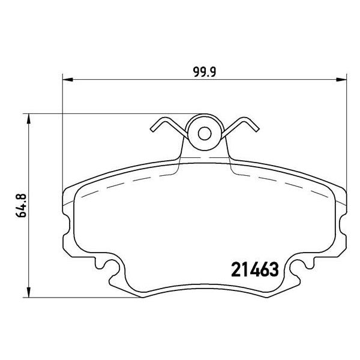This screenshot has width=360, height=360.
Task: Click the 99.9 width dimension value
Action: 205,72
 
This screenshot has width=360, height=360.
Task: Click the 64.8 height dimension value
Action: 22,205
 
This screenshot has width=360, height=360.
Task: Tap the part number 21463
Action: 255,269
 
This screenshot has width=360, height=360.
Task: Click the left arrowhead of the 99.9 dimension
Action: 68,80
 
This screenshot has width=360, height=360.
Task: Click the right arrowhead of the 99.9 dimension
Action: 341,80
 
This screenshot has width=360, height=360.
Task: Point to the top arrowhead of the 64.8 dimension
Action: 28,119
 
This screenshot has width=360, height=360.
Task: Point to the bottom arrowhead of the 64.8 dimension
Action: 28,292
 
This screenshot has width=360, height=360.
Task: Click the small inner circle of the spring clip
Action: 205,134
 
